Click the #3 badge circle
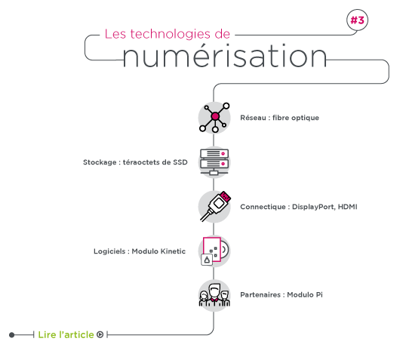click(357, 20)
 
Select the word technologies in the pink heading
click(170, 34)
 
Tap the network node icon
click(214, 118)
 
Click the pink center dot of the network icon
click(215, 116)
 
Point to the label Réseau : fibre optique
click(280, 118)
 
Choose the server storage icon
click(214, 162)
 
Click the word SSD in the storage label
click(180, 162)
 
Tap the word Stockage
click(100, 162)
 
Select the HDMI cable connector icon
click(214, 206)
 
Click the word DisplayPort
click(313, 207)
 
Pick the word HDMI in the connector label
click(347, 207)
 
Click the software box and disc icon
click(214, 251)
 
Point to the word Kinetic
click(174, 251)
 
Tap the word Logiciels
click(109, 251)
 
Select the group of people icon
click(214, 295)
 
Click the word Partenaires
click(260, 295)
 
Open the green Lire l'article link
click(66, 334)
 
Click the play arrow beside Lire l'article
click(100, 334)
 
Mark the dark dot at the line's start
click(11, 335)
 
